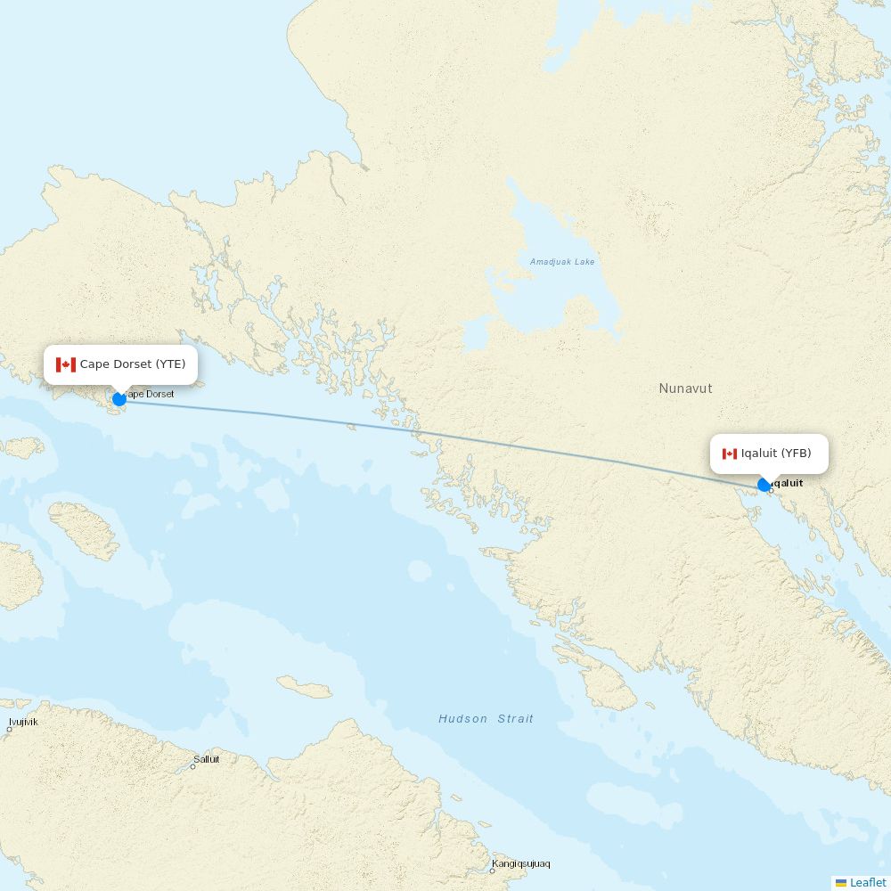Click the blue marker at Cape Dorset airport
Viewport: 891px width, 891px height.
pos(119,399)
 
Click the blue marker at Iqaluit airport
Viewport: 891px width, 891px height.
pos(764,485)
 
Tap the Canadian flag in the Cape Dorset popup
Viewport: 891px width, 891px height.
pos(66,364)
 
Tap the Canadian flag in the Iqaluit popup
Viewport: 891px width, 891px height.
pos(730,454)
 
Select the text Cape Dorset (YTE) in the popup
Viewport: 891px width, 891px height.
pos(133,364)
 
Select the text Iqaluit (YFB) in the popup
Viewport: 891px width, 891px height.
pos(776,454)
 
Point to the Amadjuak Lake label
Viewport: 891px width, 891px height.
pos(561,262)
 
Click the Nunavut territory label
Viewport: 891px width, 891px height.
pos(685,388)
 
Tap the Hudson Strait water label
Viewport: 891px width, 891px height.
pos(486,719)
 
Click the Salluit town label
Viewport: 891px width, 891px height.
pos(206,759)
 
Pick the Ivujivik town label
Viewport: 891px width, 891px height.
pos(23,722)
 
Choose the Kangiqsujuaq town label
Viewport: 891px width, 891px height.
pos(521,864)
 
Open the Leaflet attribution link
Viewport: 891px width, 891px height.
pos(867,882)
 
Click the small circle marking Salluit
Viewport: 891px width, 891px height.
pos(192,766)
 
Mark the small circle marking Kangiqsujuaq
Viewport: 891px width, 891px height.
pos(492,871)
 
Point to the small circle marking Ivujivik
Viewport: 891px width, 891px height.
pos(10,729)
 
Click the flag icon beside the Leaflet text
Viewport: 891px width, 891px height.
pos(840,883)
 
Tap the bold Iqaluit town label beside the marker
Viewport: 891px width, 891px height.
pos(788,484)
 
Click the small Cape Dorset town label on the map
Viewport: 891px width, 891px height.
pos(150,394)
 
